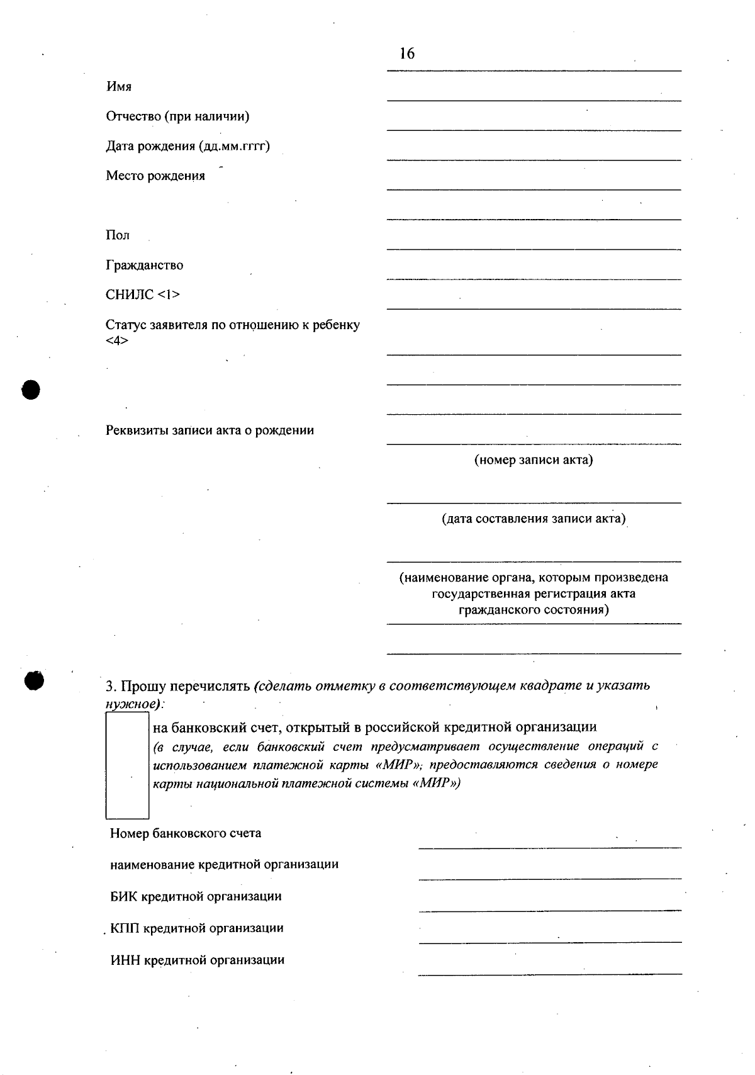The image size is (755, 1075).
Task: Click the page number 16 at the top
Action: tap(407, 53)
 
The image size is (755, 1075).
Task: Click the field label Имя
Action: tap(118, 87)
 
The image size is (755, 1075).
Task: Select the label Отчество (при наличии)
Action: tap(177, 116)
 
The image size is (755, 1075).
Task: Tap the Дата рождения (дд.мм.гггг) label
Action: tap(187, 147)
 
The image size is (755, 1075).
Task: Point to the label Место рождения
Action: tap(155, 176)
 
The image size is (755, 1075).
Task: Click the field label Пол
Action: tap(118, 235)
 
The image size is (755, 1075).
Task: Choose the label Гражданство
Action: tap(144, 266)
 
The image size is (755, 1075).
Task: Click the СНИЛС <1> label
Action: tap(142, 295)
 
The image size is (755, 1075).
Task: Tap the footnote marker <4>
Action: tap(117, 341)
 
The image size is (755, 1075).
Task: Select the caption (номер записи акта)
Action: tap(533, 460)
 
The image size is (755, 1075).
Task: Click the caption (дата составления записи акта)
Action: tap(533, 519)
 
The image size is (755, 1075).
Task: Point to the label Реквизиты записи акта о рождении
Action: tap(210, 431)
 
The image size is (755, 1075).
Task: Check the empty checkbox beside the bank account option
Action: tap(127, 765)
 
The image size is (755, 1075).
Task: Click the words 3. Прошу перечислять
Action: tap(178, 685)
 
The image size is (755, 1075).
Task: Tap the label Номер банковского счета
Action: tap(185, 833)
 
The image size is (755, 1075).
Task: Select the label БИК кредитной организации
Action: tap(195, 896)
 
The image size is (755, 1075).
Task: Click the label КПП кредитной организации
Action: tap(196, 928)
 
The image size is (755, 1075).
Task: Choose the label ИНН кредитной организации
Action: tap(197, 960)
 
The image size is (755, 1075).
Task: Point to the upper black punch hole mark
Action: tap(30, 390)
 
